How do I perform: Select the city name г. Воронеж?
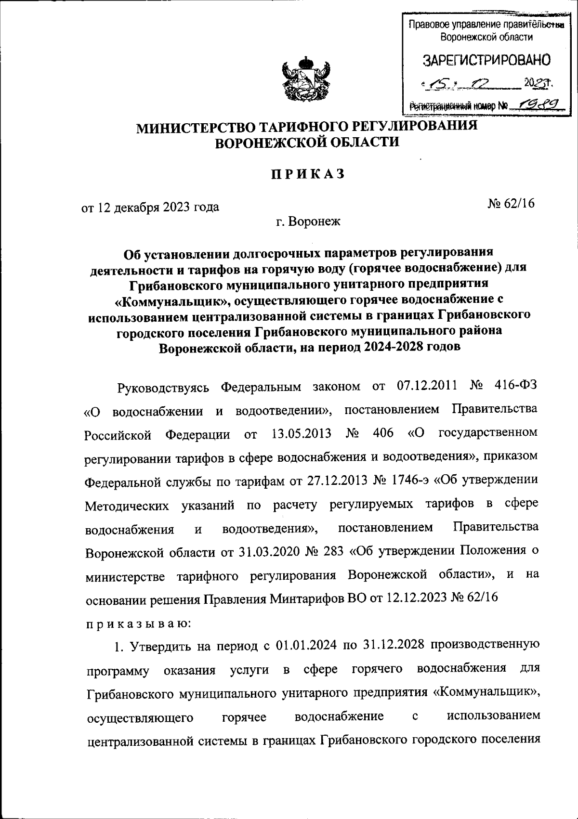(308, 222)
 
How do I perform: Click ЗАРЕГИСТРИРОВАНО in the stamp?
(486, 61)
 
